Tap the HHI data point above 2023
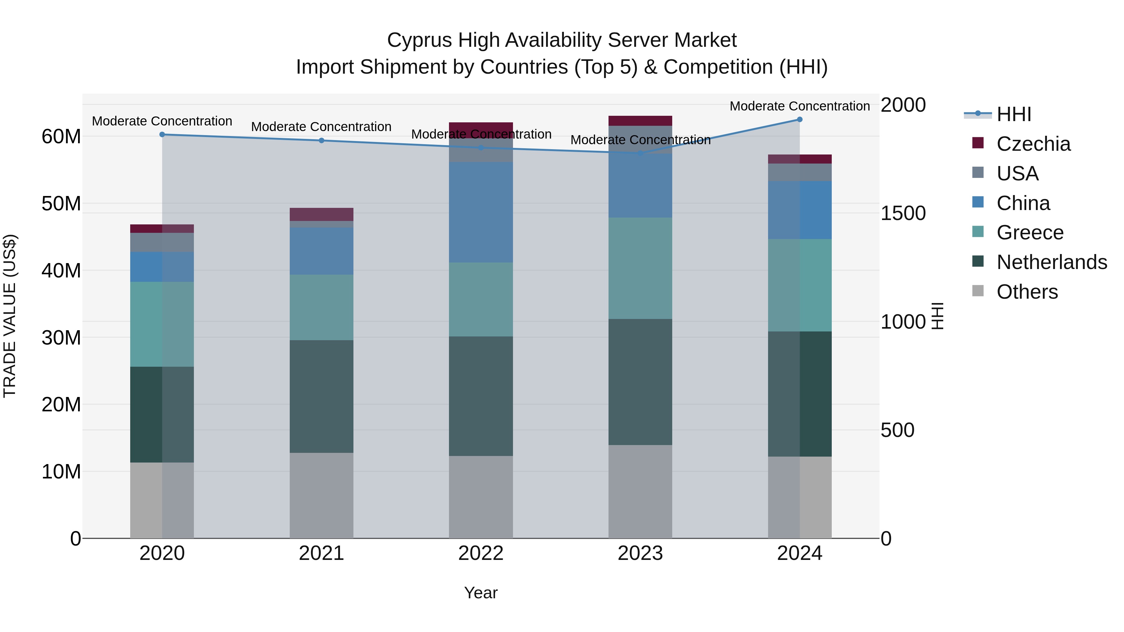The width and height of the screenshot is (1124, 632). click(640, 154)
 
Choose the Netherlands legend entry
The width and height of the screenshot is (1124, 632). click(1051, 262)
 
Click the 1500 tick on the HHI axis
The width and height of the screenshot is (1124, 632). click(903, 213)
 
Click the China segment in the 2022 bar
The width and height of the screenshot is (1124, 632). click(481, 213)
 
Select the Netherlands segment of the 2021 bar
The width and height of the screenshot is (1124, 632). click(321, 396)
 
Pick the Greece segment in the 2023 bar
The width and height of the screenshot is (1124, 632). click(640, 268)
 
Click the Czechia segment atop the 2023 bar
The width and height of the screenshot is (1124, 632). click(640, 121)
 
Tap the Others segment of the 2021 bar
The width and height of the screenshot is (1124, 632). click(321, 496)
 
